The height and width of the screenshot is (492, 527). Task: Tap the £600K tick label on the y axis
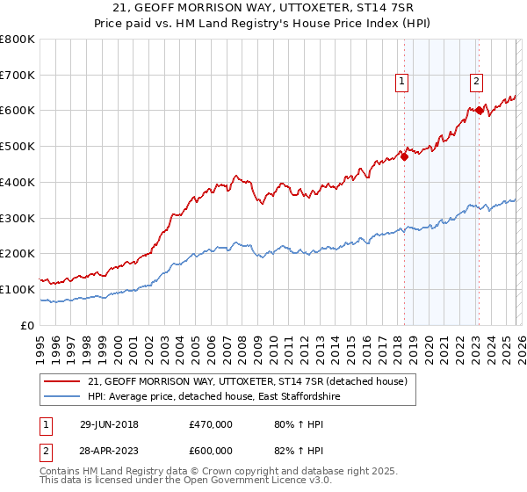(x=18, y=111)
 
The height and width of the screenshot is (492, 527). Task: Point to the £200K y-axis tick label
(x=18, y=254)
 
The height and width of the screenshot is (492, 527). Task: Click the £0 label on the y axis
(x=27, y=325)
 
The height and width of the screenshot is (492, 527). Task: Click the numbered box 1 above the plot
(x=401, y=82)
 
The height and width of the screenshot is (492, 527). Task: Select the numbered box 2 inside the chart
(x=476, y=82)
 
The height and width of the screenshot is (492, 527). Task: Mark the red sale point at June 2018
(x=404, y=156)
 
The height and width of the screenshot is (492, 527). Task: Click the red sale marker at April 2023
(x=479, y=111)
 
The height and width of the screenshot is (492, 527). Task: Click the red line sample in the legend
(x=61, y=382)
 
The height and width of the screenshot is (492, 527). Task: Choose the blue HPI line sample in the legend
(x=61, y=397)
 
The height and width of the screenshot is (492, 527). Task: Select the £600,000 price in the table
(x=211, y=451)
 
